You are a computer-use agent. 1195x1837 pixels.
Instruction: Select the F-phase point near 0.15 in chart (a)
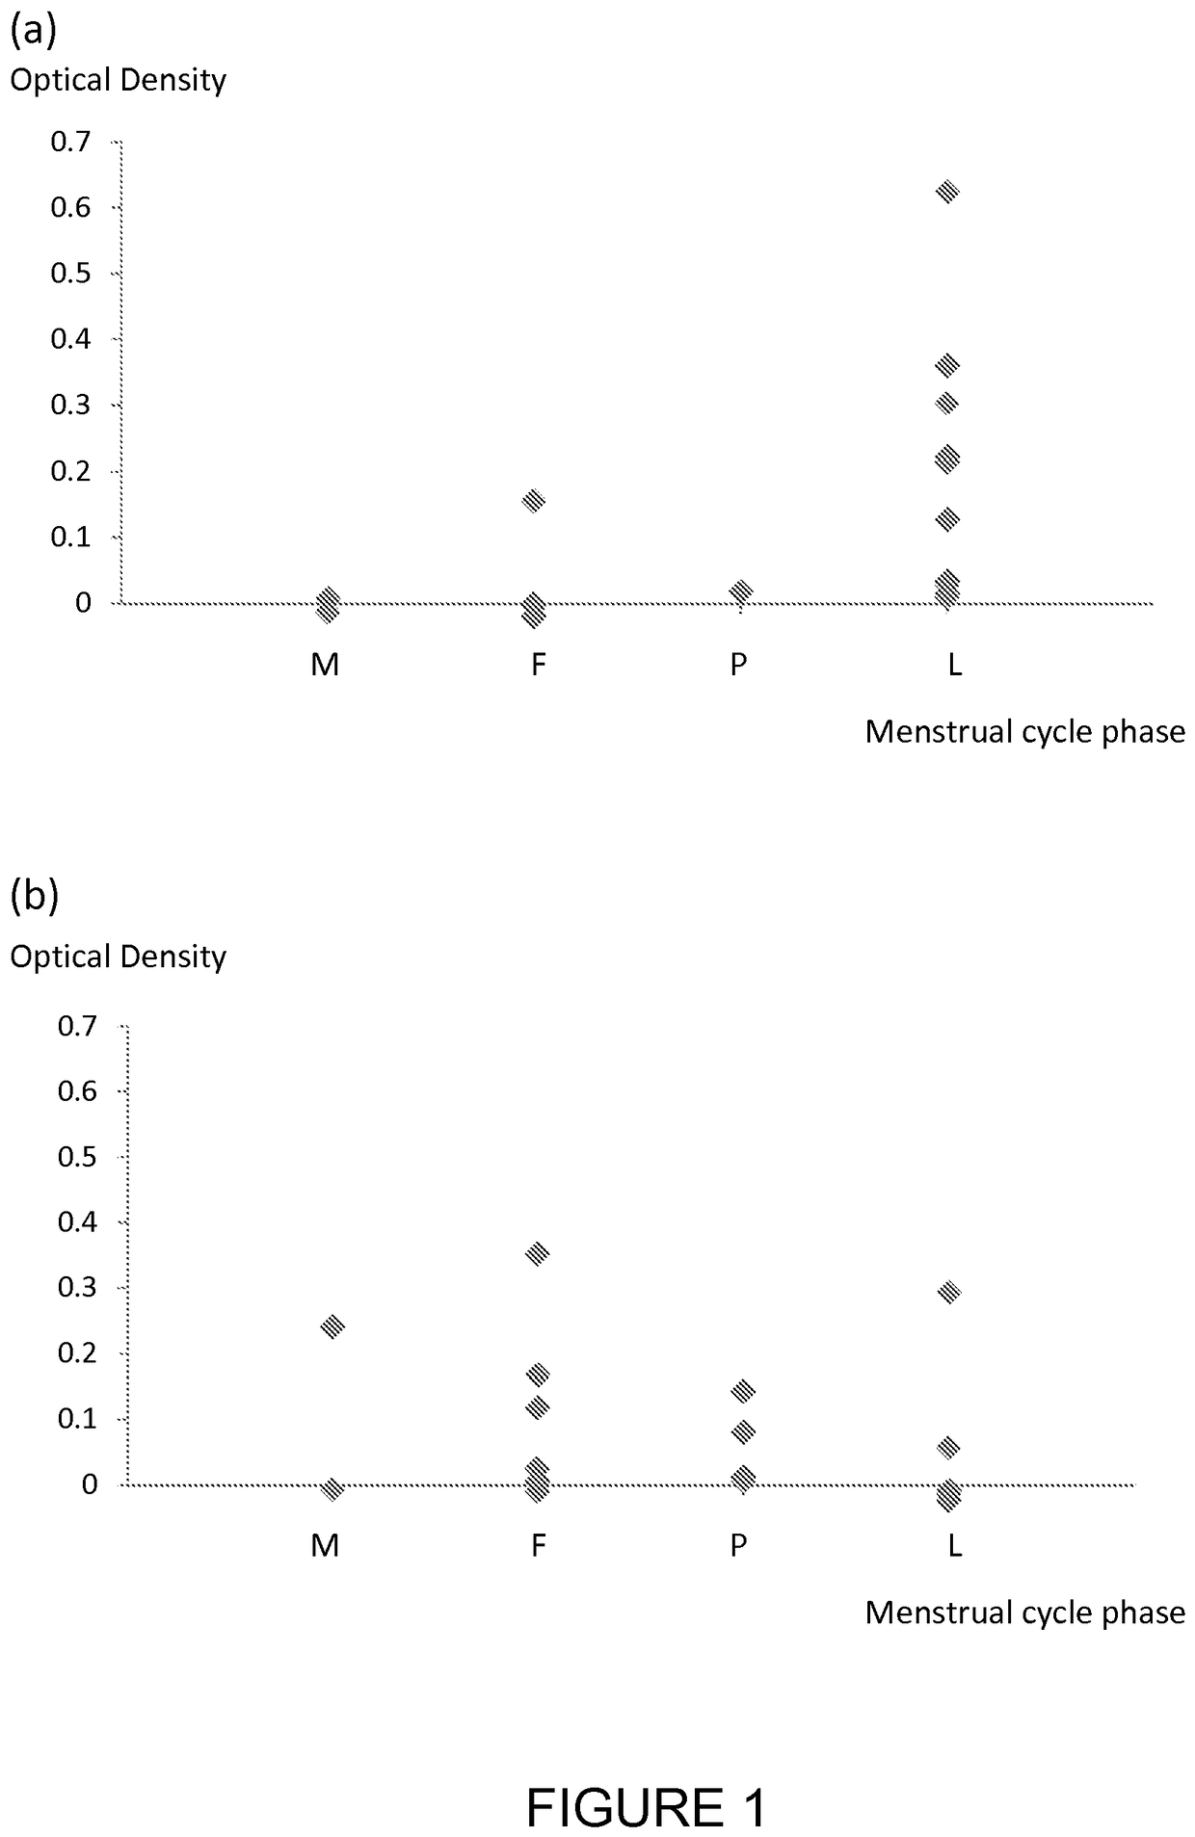(x=533, y=500)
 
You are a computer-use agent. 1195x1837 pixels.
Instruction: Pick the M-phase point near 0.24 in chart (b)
(x=332, y=1326)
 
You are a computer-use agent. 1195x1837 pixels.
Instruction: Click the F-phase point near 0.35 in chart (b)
(x=537, y=1253)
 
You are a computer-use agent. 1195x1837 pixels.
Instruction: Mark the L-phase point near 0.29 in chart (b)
(x=948, y=1292)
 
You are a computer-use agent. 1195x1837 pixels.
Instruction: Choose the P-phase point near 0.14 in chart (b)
(x=743, y=1391)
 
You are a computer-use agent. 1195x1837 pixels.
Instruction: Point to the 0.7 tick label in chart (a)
(x=70, y=142)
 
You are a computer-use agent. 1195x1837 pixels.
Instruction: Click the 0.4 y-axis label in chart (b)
(x=77, y=1221)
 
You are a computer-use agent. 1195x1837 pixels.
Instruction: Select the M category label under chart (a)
(x=325, y=665)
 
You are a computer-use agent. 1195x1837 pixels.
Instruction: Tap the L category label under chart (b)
(x=954, y=1546)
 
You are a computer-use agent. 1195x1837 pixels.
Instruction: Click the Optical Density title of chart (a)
(x=118, y=81)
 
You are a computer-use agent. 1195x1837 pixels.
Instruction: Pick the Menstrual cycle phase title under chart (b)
(x=1024, y=1613)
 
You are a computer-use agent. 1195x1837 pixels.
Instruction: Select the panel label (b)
(x=34, y=895)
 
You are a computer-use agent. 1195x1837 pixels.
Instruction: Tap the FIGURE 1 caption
(x=646, y=1780)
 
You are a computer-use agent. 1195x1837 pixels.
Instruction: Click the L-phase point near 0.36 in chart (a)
(x=947, y=365)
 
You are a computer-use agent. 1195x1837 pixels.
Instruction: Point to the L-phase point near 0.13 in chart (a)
(x=947, y=519)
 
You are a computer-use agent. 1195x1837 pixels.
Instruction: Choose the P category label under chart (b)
(x=738, y=1546)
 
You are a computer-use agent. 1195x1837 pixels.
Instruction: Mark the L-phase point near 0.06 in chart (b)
(x=948, y=1447)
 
